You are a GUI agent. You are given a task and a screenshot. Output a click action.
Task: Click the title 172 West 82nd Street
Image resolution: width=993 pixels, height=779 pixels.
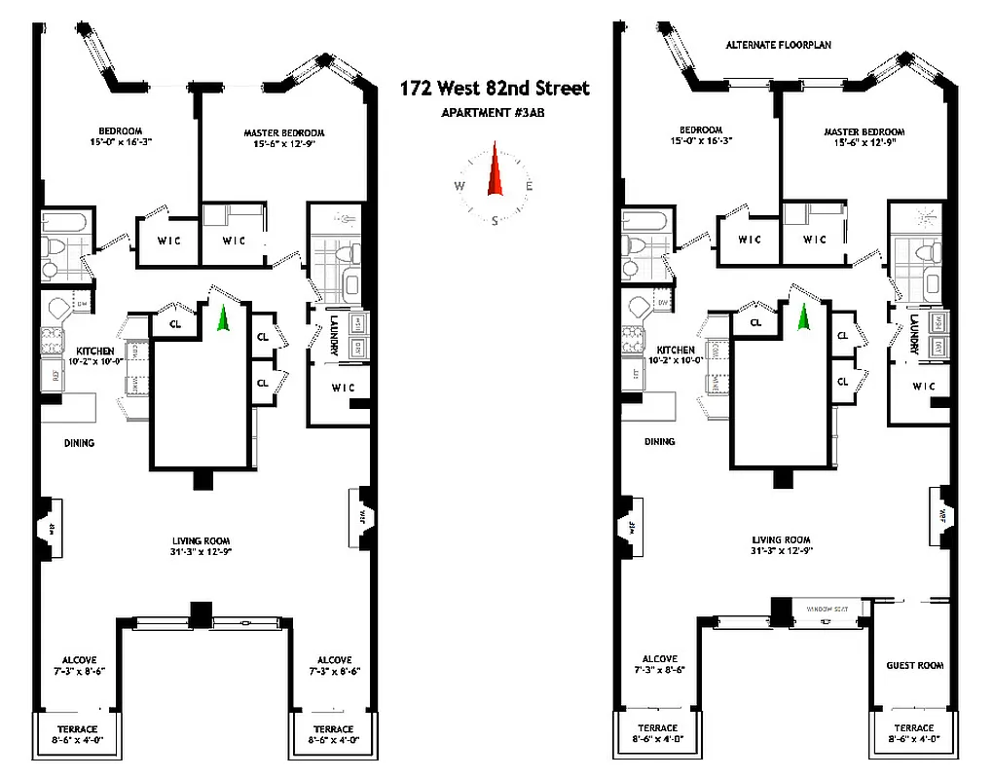(495, 89)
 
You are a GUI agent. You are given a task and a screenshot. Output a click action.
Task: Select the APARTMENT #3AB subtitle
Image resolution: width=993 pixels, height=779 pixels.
(495, 112)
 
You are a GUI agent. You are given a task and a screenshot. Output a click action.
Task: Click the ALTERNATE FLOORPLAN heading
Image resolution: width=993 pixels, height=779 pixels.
(778, 46)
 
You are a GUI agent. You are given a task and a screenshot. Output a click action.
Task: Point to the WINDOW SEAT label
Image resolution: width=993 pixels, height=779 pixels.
(827, 610)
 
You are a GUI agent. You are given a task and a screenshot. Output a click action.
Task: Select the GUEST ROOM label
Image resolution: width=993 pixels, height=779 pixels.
(914, 665)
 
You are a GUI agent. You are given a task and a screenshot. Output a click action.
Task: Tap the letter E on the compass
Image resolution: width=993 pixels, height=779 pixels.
(529, 185)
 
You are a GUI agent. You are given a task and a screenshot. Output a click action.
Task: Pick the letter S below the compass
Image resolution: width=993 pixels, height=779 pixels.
(496, 220)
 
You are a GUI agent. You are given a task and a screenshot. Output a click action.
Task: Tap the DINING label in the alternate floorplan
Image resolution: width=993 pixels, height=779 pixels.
(659, 441)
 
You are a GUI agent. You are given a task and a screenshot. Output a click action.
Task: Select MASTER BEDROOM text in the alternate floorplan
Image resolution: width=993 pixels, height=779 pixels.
(864, 132)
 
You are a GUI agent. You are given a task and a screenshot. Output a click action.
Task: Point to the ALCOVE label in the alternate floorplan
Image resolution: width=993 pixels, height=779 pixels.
(659, 659)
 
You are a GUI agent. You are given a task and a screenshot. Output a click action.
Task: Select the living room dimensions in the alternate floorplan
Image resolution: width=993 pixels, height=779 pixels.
(782, 551)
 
